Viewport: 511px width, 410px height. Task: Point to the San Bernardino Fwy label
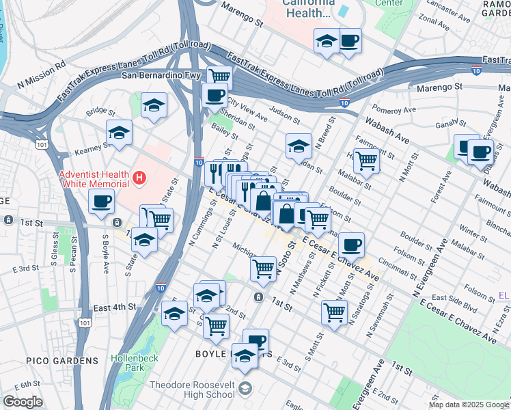pos(161,75)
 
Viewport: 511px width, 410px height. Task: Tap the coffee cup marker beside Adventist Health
pos(102,202)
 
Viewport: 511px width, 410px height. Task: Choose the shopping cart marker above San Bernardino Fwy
pos(219,77)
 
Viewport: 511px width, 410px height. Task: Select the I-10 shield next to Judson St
pos(345,102)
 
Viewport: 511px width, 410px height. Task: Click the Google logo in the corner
pos(22,402)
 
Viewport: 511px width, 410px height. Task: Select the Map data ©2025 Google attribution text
pos(469,405)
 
